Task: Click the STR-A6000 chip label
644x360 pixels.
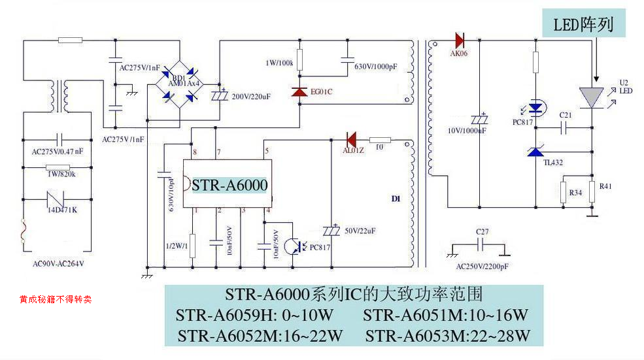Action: pos(229,185)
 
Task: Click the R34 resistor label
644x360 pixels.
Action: pos(575,193)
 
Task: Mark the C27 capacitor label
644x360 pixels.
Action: pos(482,232)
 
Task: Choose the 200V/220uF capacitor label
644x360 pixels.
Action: pos(251,96)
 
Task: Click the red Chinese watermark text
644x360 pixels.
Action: pos(56,299)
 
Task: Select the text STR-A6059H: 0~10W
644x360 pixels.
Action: pos(254,316)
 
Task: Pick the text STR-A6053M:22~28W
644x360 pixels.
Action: pos(447,336)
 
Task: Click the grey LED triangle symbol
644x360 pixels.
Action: pos(591,97)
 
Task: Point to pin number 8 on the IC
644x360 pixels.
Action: pos(194,152)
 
